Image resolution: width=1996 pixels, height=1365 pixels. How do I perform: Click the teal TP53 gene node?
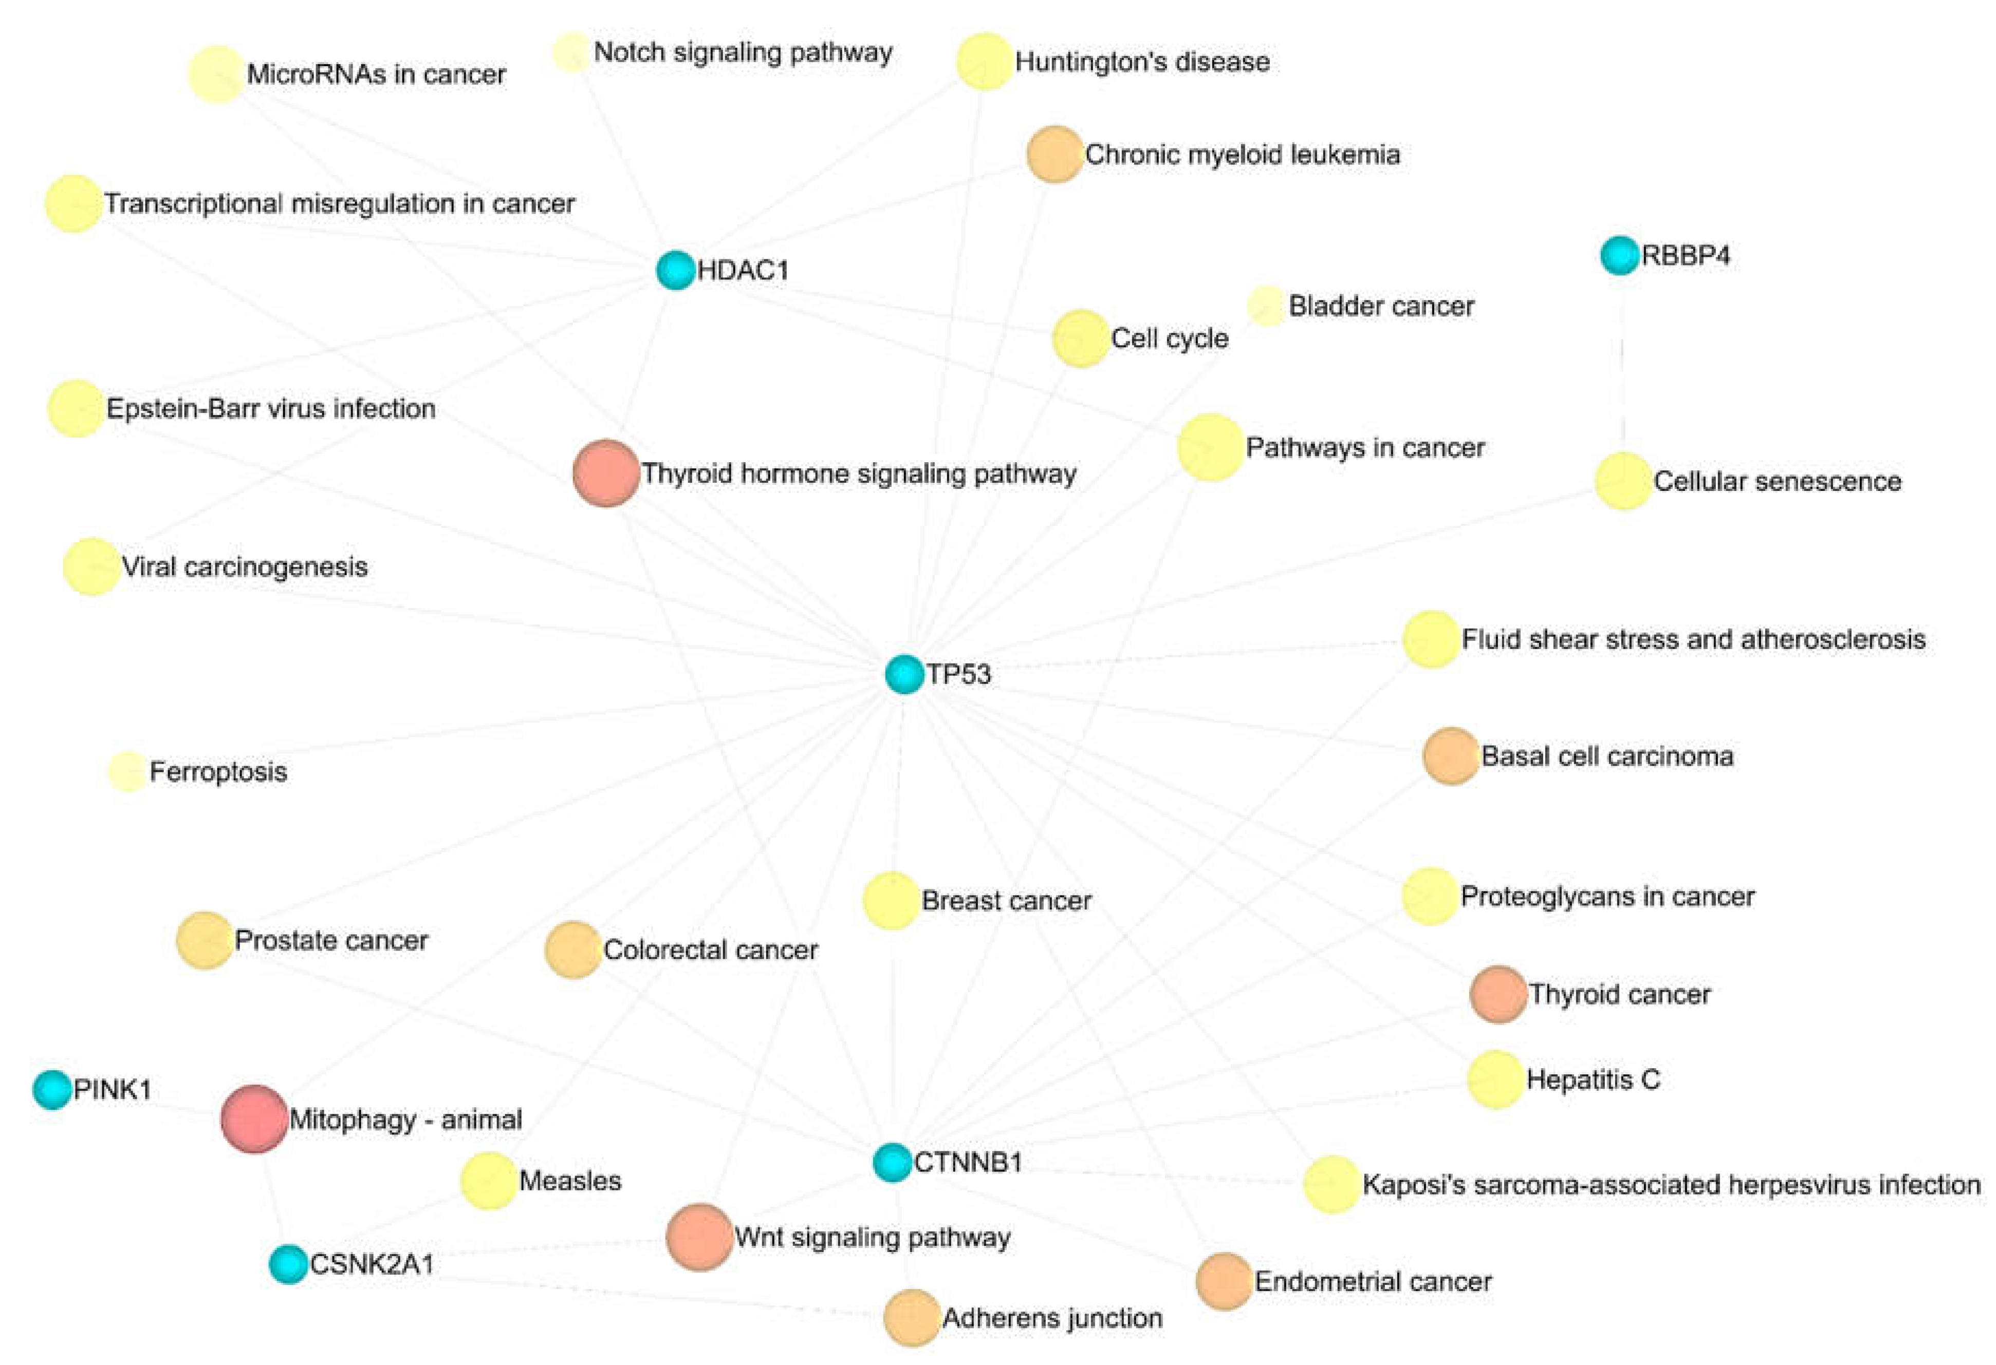pyautogui.click(x=903, y=674)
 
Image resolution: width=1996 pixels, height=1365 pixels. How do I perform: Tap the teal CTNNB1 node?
pyautogui.click(x=892, y=1162)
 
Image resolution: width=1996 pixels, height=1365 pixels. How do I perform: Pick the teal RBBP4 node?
pyautogui.click(x=1620, y=255)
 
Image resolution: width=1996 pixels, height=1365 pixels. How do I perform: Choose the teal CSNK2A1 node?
pyautogui.click(x=289, y=1264)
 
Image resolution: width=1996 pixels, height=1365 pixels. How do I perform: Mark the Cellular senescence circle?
pyautogui.click(x=1623, y=481)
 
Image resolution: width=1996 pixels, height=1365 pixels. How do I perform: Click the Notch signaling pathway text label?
pyautogui.click(x=743, y=52)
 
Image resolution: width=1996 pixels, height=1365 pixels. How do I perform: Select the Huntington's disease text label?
pyautogui.click(x=1142, y=62)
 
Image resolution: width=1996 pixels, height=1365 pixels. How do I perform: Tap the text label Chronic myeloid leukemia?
pyautogui.click(x=1243, y=155)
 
